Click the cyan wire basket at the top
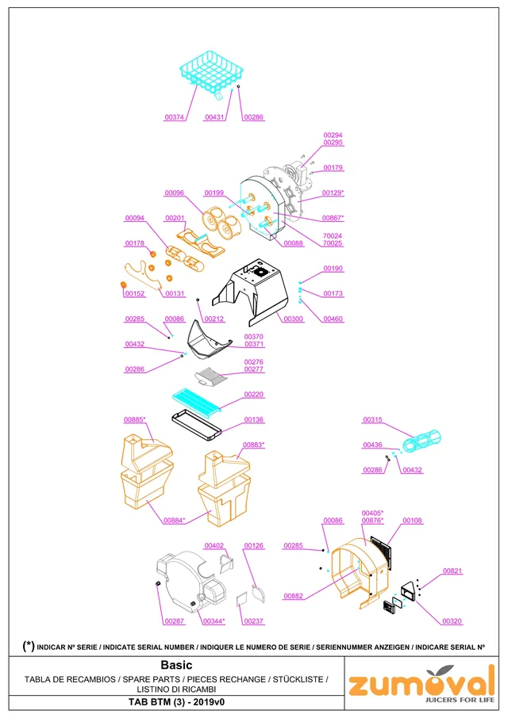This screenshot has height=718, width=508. point(211,72)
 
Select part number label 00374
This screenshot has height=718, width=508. point(174,117)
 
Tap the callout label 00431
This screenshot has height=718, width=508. point(214,117)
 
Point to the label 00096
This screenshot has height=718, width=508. point(174,193)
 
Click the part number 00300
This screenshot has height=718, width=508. point(294,319)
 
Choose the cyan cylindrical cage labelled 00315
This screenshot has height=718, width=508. point(421,440)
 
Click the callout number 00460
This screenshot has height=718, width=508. point(333,319)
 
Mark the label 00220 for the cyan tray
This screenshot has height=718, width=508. point(253,394)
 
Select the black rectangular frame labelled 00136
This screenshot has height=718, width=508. point(197,425)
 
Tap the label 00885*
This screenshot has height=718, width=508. point(134,419)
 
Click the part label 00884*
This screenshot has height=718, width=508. point(174,520)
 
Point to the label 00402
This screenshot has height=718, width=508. point(214,545)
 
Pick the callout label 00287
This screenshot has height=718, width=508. point(174,621)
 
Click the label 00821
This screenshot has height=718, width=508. point(452,571)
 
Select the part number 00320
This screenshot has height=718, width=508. point(452,621)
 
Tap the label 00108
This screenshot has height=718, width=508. point(412,520)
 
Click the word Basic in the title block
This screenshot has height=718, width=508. point(176,665)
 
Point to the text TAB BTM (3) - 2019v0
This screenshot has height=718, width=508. point(176,702)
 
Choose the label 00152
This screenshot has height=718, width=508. point(135,293)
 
